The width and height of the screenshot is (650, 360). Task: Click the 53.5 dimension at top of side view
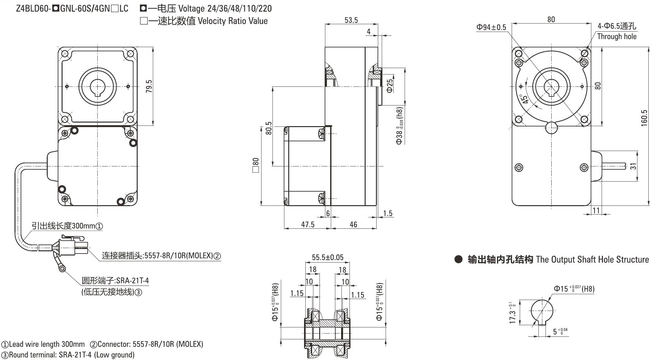pyautogui.click(x=351, y=20)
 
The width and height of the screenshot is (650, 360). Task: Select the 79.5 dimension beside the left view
pyautogui.click(x=149, y=86)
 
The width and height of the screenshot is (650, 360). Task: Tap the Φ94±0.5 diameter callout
pyautogui.click(x=491, y=27)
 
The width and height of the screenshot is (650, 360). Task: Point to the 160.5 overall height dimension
pyautogui.click(x=644, y=118)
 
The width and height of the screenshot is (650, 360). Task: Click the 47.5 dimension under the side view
pyautogui.click(x=308, y=224)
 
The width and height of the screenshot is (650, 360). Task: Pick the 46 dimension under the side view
pyautogui.click(x=353, y=224)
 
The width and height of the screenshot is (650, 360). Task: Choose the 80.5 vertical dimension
pyautogui.click(x=269, y=128)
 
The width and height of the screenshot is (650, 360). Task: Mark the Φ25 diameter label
pyautogui.click(x=390, y=86)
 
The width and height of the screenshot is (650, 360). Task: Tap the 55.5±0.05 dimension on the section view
pyautogui.click(x=328, y=257)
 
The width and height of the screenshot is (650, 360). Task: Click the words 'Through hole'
pyautogui.click(x=617, y=36)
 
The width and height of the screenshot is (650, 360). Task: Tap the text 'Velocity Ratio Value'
pyautogui.click(x=232, y=21)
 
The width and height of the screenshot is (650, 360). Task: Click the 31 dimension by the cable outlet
pyautogui.click(x=633, y=166)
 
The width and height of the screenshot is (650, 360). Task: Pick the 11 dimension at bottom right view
pyautogui.click(x=596, y=210)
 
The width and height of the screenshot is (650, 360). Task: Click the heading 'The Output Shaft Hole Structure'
pyautogui.click(x=592, y=259)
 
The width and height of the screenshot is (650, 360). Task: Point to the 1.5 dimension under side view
pyautogui.click(x=388, y=213)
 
